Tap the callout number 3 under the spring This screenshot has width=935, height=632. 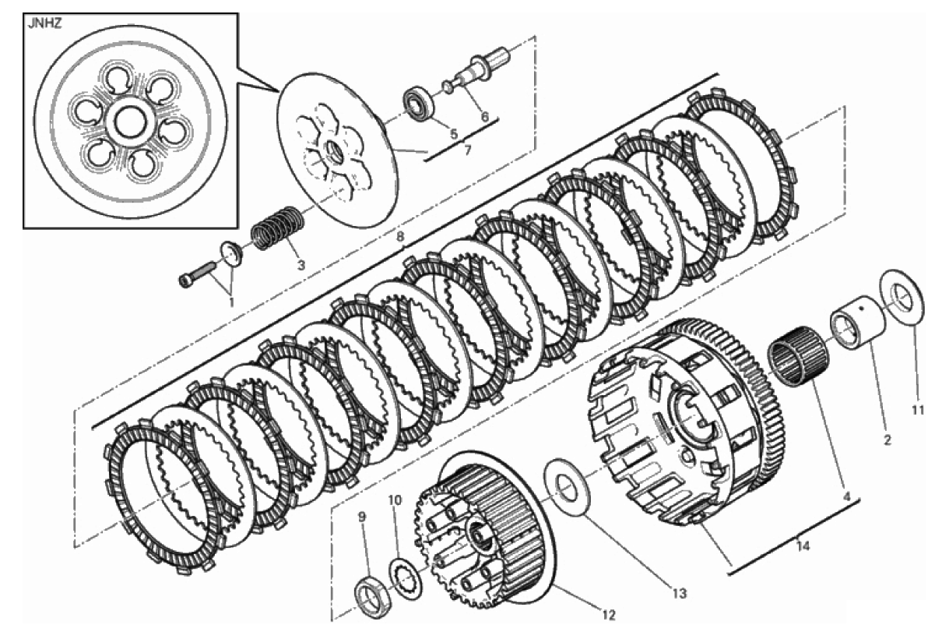pos(301,264)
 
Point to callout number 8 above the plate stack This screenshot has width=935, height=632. pos(400,237)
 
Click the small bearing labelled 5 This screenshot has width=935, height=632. pos(419,106)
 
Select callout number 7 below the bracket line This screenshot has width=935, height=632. pos(467,150)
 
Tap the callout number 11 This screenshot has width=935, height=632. pos(916,411)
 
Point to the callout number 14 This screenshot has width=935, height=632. pos(803,545)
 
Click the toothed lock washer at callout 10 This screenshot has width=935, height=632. pos(406,579)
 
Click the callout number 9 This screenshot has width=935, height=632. pos(362,517)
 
